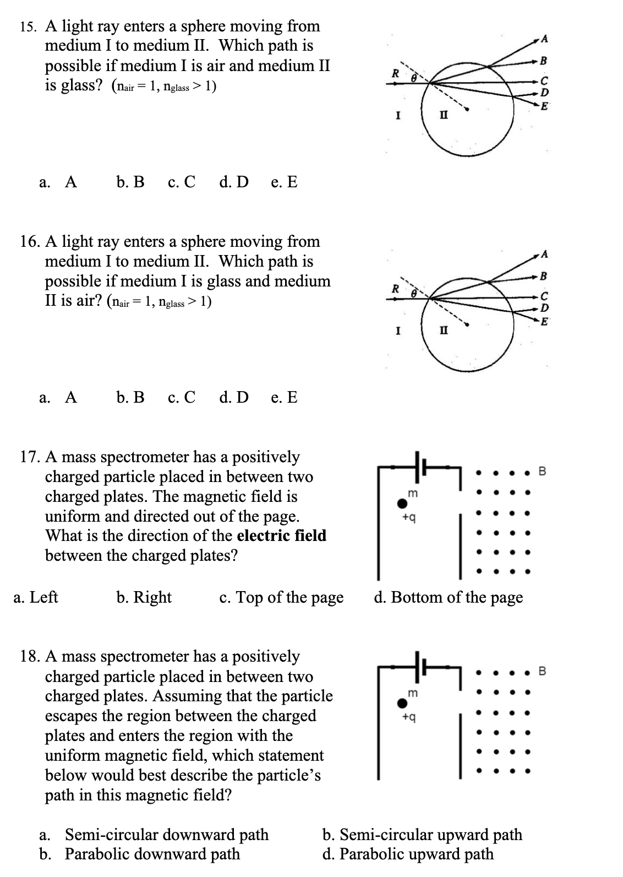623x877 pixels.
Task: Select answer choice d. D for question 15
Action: [x=233, y=182]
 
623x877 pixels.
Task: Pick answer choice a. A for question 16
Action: [x=58, y=397]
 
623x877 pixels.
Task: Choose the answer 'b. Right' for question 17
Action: [x=144, y=597]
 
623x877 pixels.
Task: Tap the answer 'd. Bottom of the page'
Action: [x=448, y=597]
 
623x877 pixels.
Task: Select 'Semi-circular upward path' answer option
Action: [x=422, y=835]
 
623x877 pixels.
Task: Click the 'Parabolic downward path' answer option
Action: [x=140, y=854]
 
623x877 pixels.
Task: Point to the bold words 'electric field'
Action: [x=282, y=535]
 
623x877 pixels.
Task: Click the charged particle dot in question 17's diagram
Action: [x=403, y=503]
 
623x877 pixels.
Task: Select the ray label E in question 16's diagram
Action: [x=544, y=322]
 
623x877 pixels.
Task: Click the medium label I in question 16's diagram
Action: [x=398, y=332]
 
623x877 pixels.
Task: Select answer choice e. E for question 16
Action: [x=284, y=397]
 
